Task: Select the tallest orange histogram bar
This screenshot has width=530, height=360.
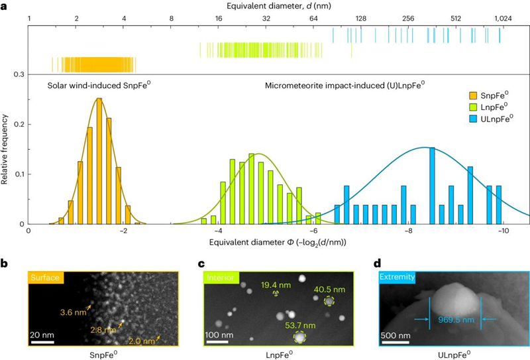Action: click(x=99, y=161)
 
